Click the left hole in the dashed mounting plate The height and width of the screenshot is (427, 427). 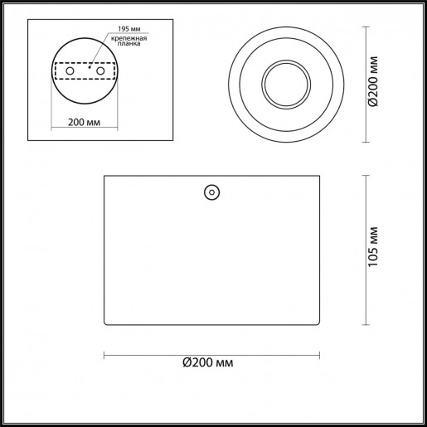(x=70, y=73)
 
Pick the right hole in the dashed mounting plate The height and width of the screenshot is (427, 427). (x=102, y=73)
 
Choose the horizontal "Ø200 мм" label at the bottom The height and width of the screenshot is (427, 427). (x=207, y=362)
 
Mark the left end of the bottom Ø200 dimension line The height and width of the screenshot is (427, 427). (x=103, y=356)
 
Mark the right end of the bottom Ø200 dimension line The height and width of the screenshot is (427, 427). (x=321, y=356)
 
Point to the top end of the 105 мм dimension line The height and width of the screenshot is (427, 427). (x=368, y=176)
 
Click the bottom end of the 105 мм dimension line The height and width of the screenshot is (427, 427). (x=368, y=325)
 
